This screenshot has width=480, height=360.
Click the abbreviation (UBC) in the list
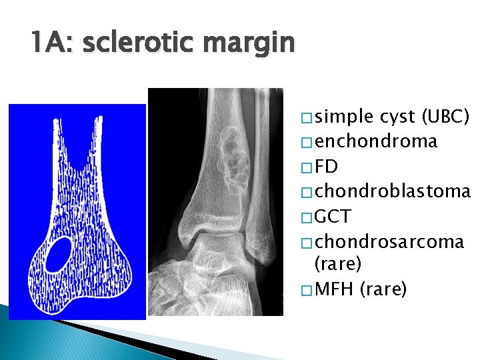click(447, 117)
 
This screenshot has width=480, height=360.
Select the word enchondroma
click(376, 141)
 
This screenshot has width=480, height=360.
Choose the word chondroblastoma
click(393, 191)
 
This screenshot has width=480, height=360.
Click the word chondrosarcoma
click(389, 241)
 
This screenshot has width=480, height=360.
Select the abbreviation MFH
click(335, 290)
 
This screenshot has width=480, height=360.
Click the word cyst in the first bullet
click(399, 117)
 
